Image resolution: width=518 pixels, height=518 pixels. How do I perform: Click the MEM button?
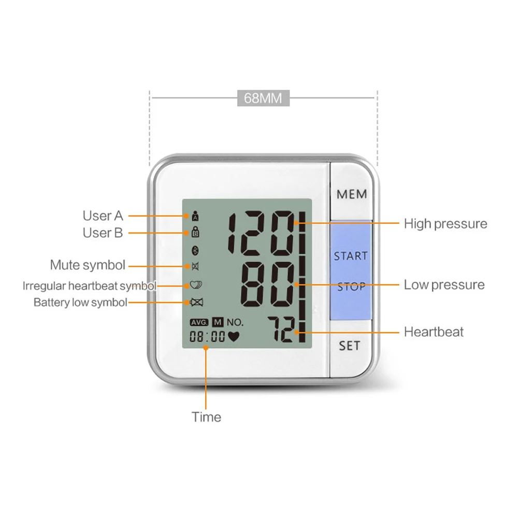352,194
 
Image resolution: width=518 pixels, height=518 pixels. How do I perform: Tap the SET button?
350,345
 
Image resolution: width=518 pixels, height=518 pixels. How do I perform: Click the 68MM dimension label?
263,98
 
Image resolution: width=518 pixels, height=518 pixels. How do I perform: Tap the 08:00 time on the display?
207,336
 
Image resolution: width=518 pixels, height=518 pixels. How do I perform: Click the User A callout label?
103,215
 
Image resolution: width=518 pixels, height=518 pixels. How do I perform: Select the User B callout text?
103,233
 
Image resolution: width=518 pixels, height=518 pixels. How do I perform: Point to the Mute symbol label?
88,265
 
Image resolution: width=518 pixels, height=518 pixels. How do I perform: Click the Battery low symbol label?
80,303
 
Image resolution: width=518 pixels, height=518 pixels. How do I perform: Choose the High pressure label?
445,224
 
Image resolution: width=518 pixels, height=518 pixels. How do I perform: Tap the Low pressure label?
444,284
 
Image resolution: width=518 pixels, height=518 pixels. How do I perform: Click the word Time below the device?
206,417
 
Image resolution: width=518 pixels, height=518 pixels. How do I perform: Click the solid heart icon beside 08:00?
234,336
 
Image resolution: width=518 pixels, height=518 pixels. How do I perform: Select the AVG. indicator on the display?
199,322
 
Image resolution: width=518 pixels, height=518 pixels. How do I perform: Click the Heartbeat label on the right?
434,332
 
